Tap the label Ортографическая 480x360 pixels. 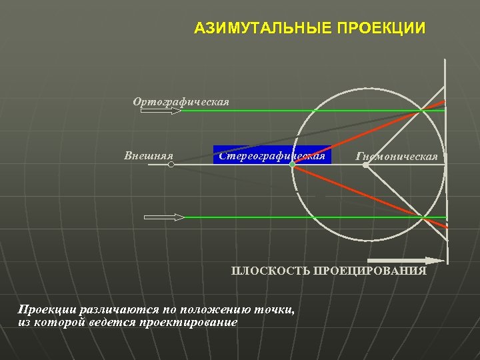pos(181,102)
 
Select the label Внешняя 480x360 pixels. pos(149,156)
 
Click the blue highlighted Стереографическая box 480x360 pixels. pos(271,155)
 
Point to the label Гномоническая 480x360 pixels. pos(397,157)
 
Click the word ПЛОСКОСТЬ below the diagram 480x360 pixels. pos(271,271)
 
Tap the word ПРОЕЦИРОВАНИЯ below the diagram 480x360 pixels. pos(370,271)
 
